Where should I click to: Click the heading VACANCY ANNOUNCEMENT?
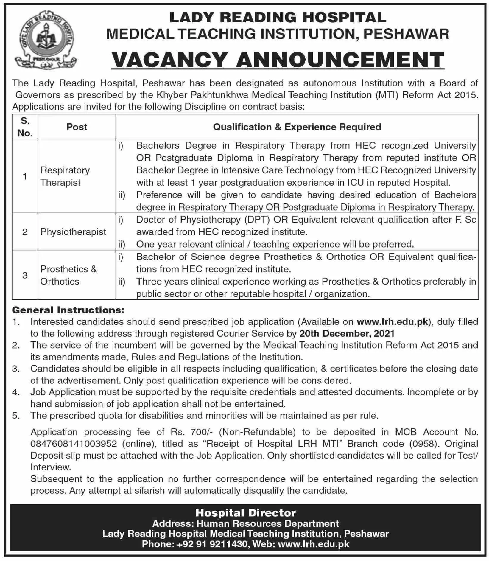click(x=278, y=60)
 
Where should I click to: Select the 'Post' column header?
click(x=77, y=127)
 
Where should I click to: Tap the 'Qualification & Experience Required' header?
click(x=297, y=127)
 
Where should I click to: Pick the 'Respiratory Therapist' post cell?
click(x=65, y=176)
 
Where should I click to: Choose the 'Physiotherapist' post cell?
click(x=73, y=232)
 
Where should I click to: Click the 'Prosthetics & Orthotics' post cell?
click(x=68, y=275)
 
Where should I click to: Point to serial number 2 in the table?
click(x=25, y=232)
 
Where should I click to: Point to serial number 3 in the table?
click(x=25, y=275)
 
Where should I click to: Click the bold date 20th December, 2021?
click(x=347, y=333)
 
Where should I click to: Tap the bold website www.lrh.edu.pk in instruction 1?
click(x=392, y=322)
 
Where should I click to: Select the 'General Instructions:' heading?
click(x=68, y=310)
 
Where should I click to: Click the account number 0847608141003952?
click(x=74, y=444)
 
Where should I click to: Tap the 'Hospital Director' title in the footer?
click(x=246, y=513)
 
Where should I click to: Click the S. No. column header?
click(x=25, y=127)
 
